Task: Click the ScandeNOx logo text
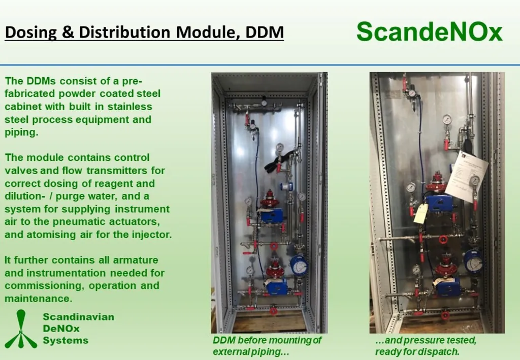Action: coord(430,32)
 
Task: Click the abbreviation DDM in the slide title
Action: coord(265,32)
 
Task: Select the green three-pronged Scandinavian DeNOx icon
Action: coord(20,329)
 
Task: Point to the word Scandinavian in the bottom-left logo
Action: coord(78,316)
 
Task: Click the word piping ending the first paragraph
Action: coord(21,133)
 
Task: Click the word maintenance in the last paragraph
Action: coord(39,299)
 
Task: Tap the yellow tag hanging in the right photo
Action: coord(420,213)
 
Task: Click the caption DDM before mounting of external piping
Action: coord(267,346)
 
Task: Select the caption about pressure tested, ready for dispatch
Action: coord(426,346)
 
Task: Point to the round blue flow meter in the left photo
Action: coord(299,265)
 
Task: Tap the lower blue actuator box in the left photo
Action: coord(276,286)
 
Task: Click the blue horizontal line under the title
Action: coord(260,65)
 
